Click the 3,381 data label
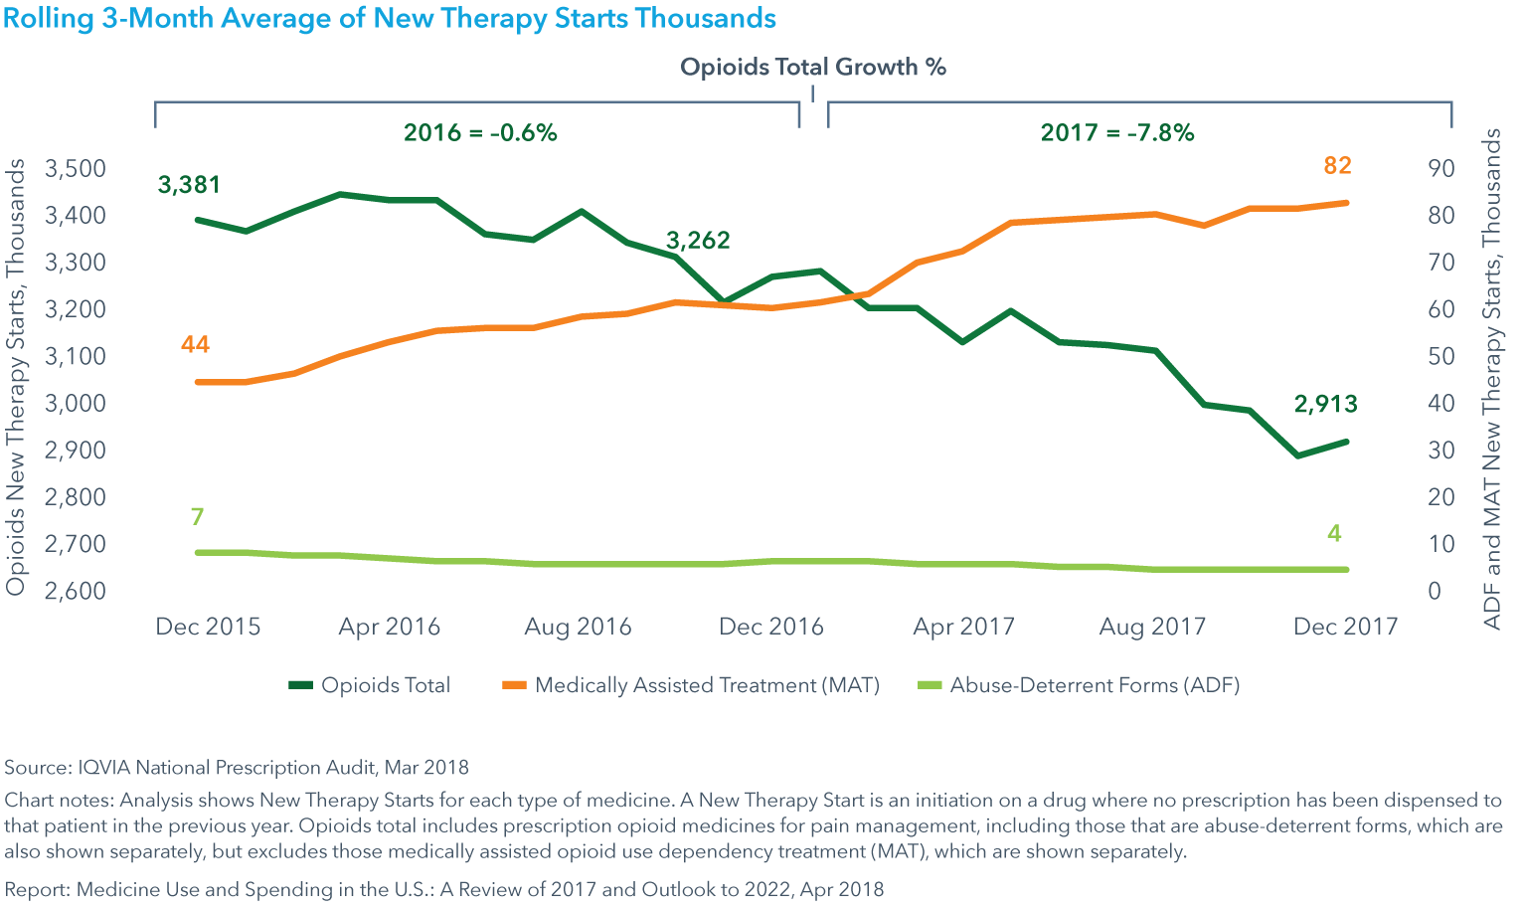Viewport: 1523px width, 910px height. pyautogui.click(x=189, y=185)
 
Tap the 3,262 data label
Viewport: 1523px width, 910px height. pyautogui.click(x=698, y=241)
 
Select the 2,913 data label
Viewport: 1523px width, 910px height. pyautogui.click(x=1325, y=404)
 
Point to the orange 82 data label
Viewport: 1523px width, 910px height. pyautogui.click(x=1338, y=166)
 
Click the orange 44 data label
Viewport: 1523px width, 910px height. pyautogui.click(x=195, y=345)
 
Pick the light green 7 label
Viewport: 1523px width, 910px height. pyautogui.click(x=197, y=517)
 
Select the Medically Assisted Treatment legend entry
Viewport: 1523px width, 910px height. pyautogui.click(x=707, y=685)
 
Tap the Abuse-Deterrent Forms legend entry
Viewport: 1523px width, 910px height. pyautogui.click(x=1094, y=685)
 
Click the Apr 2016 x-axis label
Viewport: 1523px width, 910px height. pyautogui.click(x=389, y=627)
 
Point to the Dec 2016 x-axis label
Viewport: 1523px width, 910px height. pyautogui.click(x=771, y=627)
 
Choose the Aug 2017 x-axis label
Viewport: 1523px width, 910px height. pyautogui.click(x=1152, y=627)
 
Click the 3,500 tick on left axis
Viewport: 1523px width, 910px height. pyautogui.click(x=76, y=168)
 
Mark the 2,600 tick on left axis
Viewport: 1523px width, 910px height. pyautogui.click(x=76, y=591)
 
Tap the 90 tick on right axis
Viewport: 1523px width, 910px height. pyautogui.click(x=1441, y=168)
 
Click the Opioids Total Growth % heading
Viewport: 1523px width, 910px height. pyautogui.click(x=813, y=68)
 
